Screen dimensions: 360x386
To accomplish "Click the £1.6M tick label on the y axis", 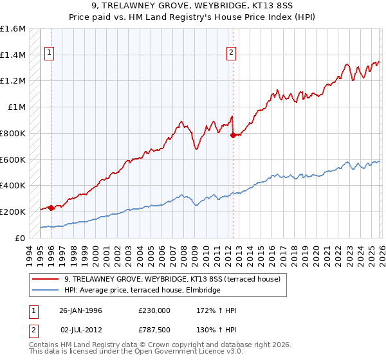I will [x=12, y=29].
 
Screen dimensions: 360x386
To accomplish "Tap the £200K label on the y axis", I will [x=12, y=212].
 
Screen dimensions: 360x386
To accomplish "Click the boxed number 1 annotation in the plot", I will [x=50, y=53].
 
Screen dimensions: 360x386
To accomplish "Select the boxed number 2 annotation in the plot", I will [x=232, y=53].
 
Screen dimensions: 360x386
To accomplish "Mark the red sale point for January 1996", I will [x=51, y=208].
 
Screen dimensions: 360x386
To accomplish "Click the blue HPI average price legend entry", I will [x=142, y=291].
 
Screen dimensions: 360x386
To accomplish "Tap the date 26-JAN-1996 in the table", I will [x=80, y=310].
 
